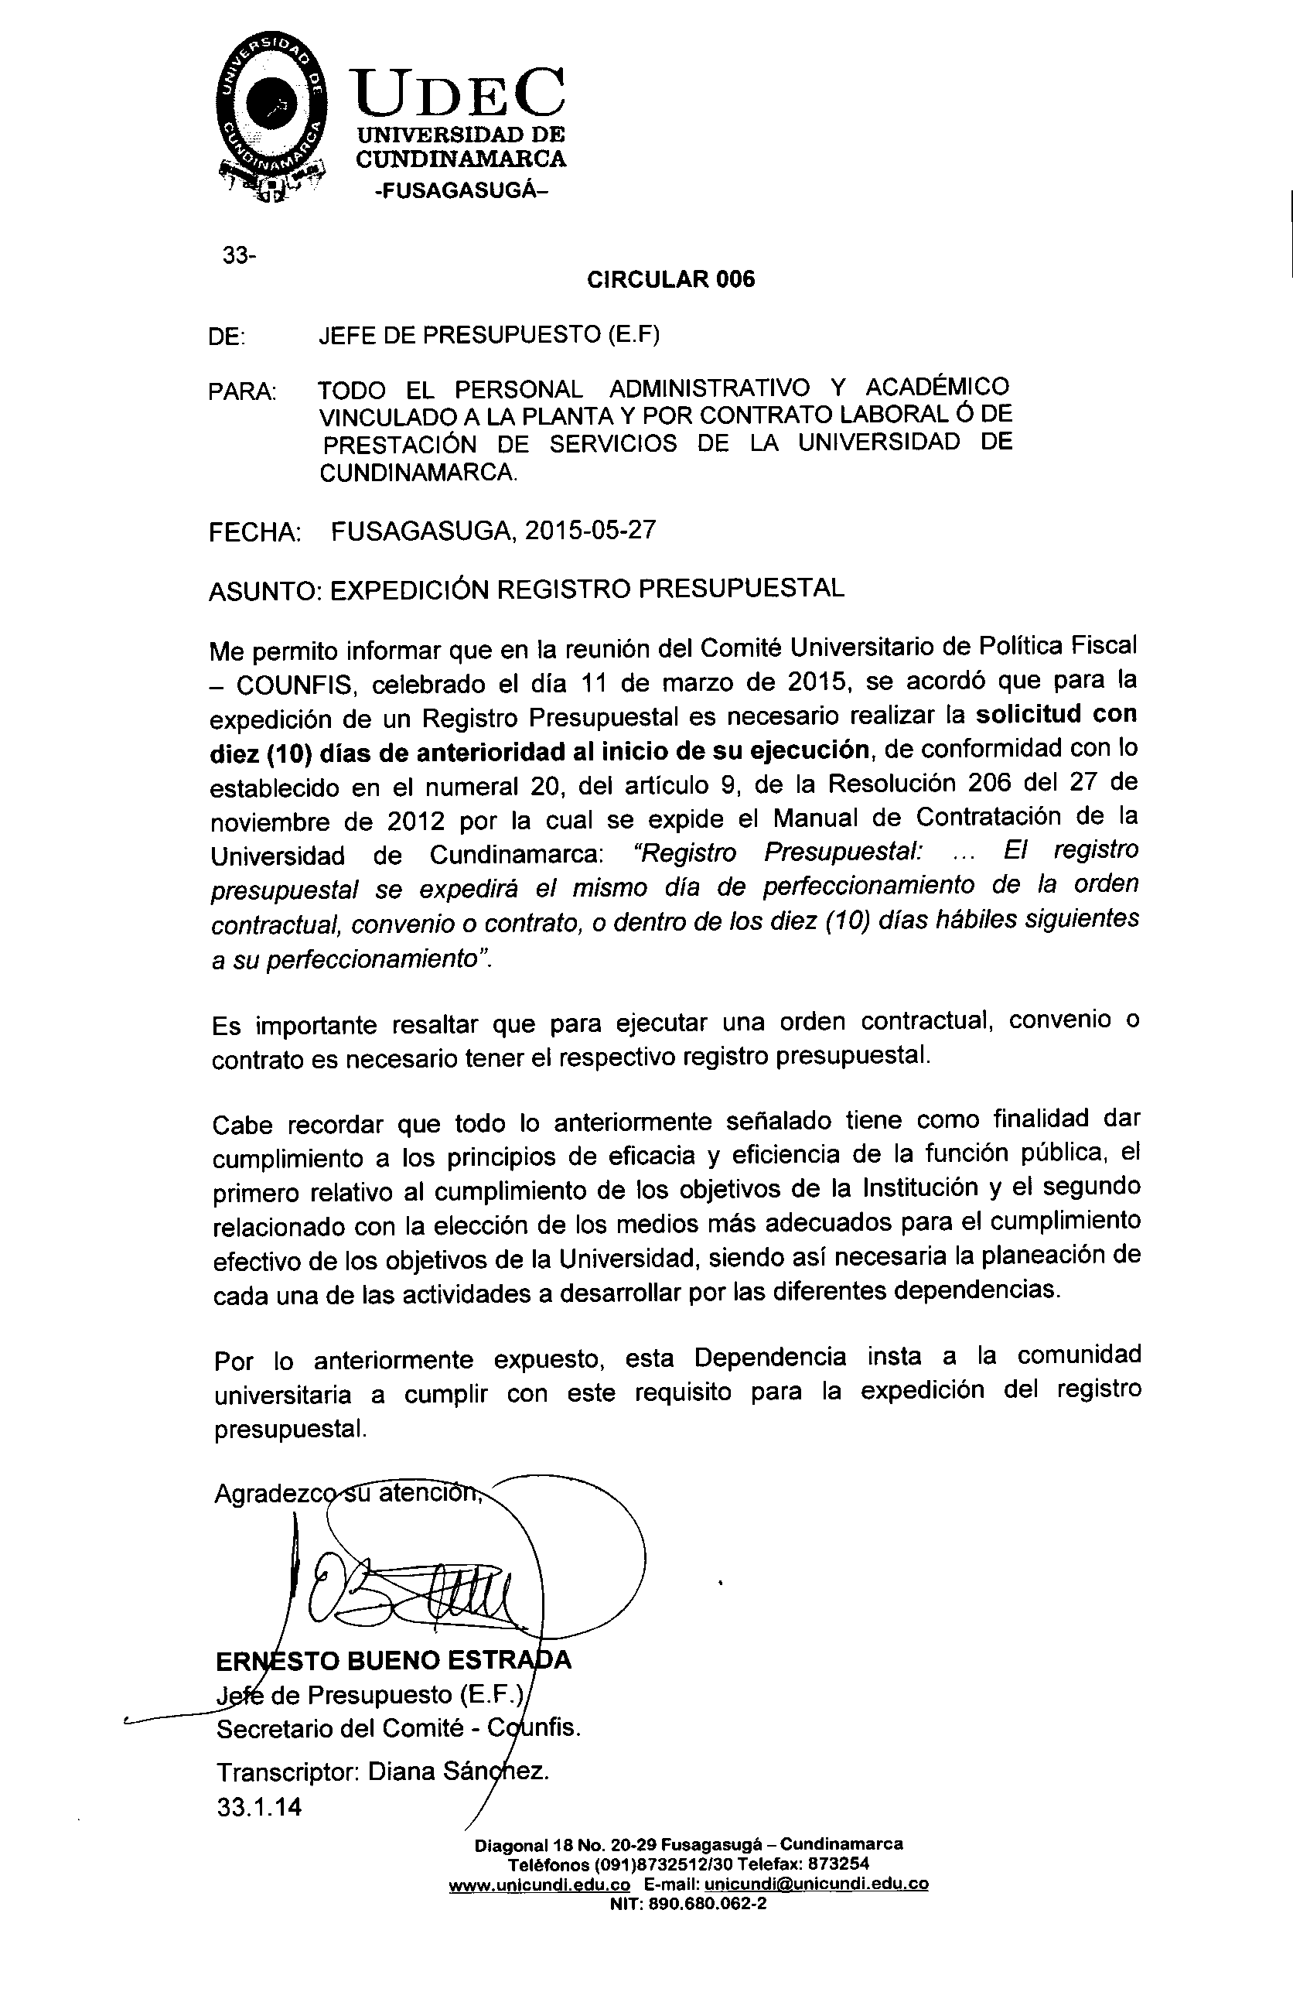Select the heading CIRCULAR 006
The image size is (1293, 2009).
670,280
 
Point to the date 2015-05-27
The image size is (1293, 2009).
590,531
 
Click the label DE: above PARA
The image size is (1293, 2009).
227,337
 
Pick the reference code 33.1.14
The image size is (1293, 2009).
258,1806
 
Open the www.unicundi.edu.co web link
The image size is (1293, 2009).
539,1884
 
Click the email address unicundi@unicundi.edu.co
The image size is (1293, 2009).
815,1884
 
